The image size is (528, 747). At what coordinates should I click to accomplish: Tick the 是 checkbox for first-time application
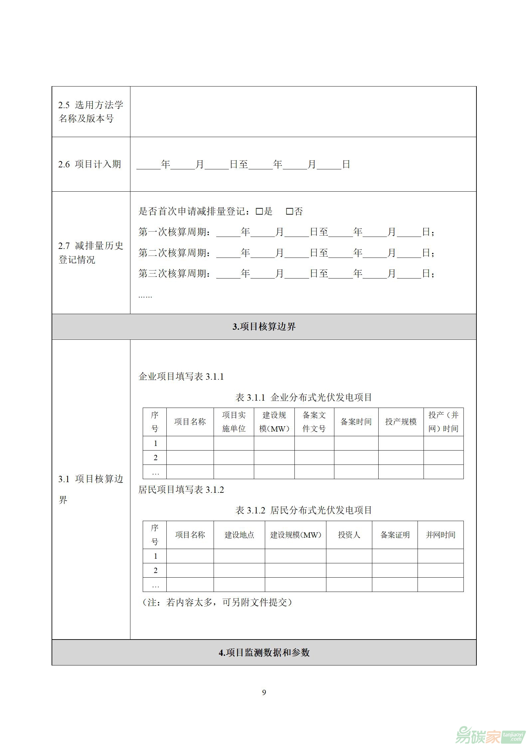point(259,211)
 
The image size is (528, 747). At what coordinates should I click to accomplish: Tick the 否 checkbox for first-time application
point(289,211)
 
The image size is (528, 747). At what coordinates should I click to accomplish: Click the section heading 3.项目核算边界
point(264,327)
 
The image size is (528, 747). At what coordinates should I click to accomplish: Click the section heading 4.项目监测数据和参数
point(264,653)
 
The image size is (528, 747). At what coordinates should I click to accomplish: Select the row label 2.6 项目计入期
point(89,164)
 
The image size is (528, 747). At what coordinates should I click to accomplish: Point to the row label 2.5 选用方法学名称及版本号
point(90,111)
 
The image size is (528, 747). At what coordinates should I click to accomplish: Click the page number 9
point(264,692)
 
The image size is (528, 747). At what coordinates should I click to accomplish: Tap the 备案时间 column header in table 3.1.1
point(356,422)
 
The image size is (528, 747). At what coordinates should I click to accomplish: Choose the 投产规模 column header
point(401,422)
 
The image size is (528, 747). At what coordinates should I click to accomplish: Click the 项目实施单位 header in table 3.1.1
point(234,422)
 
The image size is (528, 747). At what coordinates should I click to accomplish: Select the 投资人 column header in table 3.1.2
point(349,535)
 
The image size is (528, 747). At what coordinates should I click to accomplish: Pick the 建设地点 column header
point(239,535)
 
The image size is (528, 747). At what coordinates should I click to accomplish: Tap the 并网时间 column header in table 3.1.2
point(440,535)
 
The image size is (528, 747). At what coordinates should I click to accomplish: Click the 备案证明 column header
point(395,535)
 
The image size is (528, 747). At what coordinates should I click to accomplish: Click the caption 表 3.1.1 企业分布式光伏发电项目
point(303,397)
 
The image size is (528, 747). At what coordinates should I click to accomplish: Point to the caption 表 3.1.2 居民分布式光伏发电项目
point(303,510)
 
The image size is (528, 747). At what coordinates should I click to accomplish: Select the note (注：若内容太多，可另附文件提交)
point(217,602)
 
